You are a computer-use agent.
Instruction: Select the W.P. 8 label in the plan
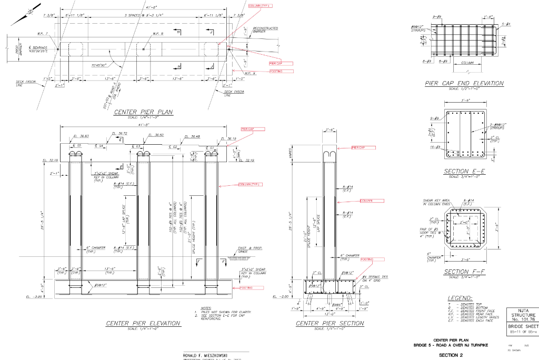click(158, 34)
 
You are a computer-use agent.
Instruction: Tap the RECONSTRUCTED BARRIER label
click(265, 29)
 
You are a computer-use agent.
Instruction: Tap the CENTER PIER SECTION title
click(330, 323)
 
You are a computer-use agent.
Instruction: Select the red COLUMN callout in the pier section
click(372, 201)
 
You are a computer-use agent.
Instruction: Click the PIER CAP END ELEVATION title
click(464, 83)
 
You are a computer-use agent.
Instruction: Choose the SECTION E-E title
click(464, 172)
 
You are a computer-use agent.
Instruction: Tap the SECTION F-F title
click(464, 272)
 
